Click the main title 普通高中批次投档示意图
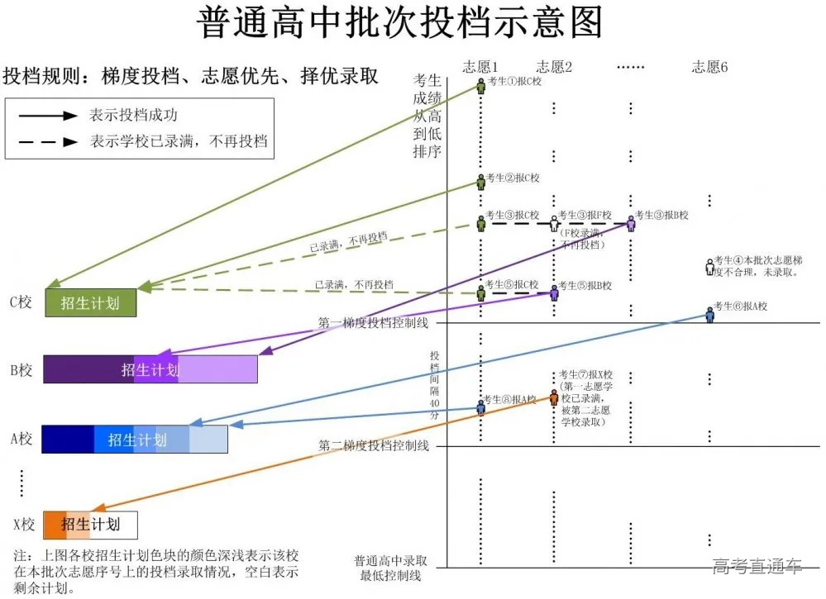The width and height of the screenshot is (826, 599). pos(401,25)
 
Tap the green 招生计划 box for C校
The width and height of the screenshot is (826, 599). pos(90,303)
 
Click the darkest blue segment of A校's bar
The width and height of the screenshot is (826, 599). pos(67,440)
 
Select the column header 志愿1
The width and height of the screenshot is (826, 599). pos(482,67)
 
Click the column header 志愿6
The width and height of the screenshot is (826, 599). pos(709,67)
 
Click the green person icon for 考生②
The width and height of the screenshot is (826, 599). pos(480,181)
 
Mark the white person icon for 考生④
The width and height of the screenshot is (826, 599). pos(709,266)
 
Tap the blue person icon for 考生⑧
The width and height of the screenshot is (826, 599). pos(480,406)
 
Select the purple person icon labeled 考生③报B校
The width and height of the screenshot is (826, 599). pos(631,221)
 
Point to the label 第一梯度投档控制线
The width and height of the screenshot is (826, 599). pos(373,323)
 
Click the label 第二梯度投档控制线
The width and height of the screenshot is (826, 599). pos(373,446)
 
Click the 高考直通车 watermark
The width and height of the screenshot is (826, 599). pos(757,566)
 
